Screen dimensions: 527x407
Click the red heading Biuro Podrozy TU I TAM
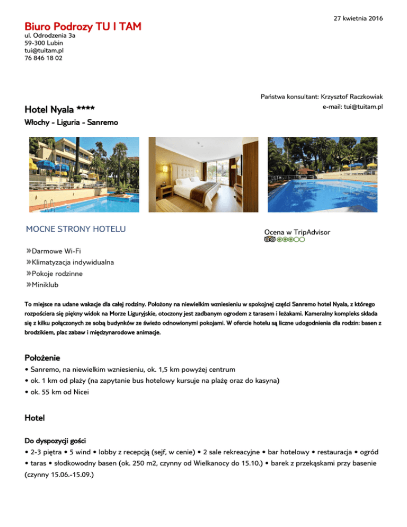pos(83,26)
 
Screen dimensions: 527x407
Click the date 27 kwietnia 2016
pos(358,19)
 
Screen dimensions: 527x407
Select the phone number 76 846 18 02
pos(43,58)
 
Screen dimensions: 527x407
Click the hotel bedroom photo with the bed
pos(203,174)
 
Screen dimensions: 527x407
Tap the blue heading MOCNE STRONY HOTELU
pos(76,230)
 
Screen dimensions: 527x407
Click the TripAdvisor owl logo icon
pos(269,240)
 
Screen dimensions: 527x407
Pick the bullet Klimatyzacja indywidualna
pos(73,262)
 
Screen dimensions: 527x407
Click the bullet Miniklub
pos(46,285)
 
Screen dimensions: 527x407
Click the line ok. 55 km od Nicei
pos(57,392)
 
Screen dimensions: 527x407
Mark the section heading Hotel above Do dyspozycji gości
pos(35,418)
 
